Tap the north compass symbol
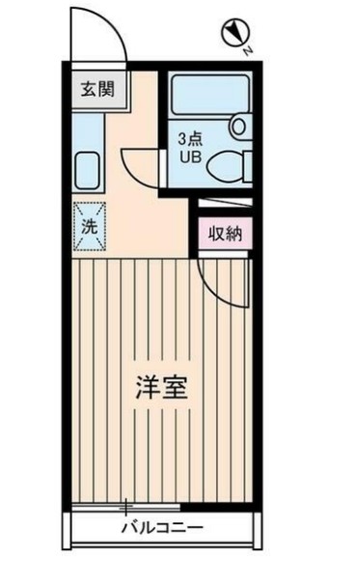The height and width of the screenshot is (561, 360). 233,34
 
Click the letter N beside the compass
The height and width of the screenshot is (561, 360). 248,49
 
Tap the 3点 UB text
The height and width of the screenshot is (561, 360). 188,147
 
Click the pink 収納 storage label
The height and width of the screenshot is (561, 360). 225,233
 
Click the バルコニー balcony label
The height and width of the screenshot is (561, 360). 161,529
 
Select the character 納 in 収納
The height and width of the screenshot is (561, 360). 235,233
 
